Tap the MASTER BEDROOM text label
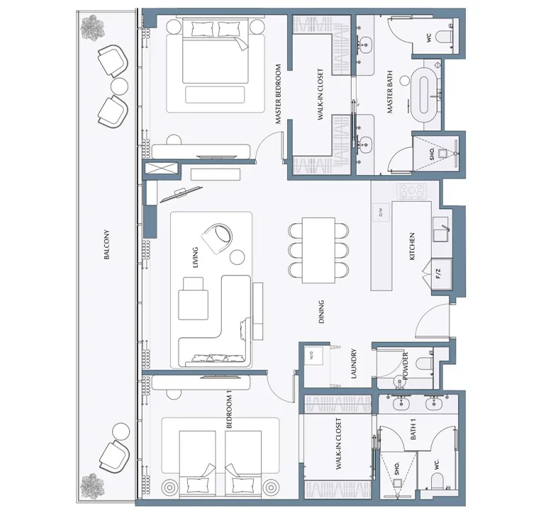(x=279, y=94)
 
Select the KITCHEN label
(x=412, y=247)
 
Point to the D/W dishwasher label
(x=380, y=210)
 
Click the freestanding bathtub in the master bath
(x=427, y=91)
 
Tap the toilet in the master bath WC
(x=445, y=38)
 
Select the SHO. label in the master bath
(x=431, y=152)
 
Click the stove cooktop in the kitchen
(x=410, y=191)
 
